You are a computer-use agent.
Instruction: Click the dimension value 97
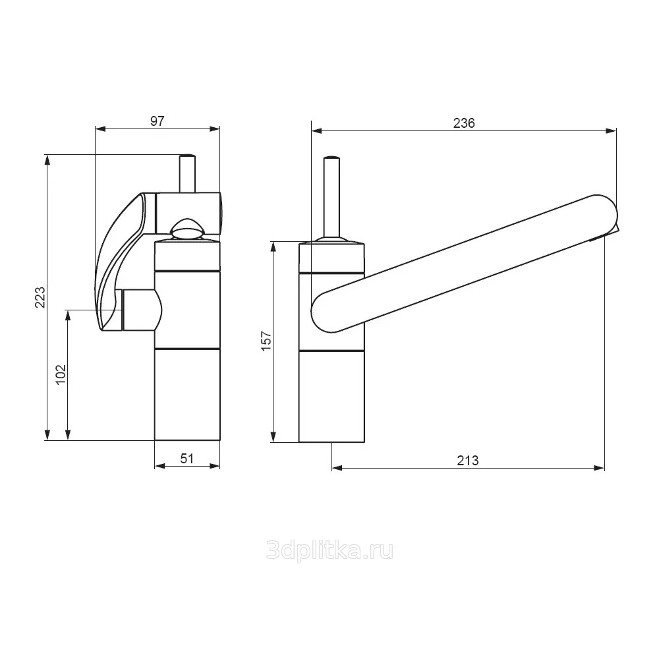pos(157,121)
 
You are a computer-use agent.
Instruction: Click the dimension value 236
pos(464,123)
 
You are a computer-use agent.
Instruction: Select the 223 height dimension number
pos(40,297)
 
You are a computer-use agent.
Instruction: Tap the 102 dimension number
pos(61,374)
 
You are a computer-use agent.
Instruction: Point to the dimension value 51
pos(187,458)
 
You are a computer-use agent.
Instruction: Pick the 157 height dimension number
pos(266,341)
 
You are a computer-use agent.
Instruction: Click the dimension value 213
pos(468,461)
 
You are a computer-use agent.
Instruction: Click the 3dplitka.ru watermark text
pos(330,550)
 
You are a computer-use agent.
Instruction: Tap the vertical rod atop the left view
pos(187,173)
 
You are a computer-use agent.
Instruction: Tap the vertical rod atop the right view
pos(331,198)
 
